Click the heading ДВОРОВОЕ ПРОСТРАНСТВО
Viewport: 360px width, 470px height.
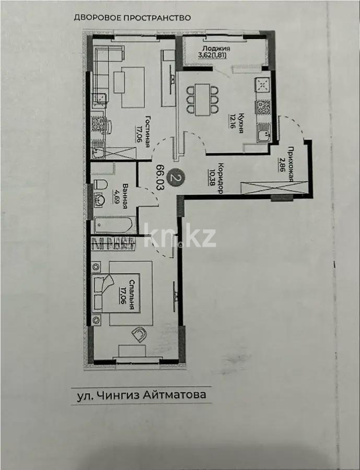click(x=132, y=17)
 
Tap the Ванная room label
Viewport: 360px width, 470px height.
click(x=125, y=196)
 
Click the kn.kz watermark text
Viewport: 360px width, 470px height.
click(x=180, y=236)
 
